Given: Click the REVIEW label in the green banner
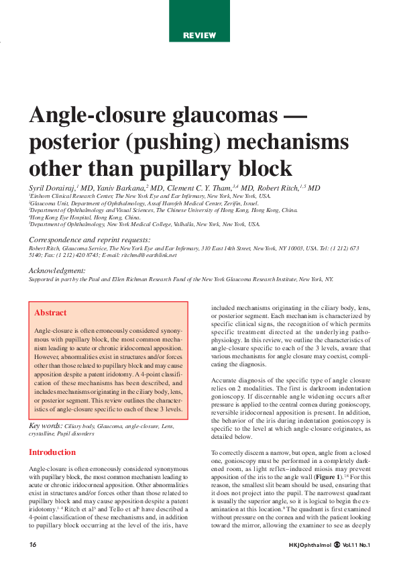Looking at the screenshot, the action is [199, 35].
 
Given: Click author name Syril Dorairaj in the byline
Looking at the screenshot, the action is [52, 188].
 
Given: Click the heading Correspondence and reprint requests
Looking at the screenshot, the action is [89, 240].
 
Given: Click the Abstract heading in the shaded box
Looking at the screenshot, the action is [50, 313].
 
